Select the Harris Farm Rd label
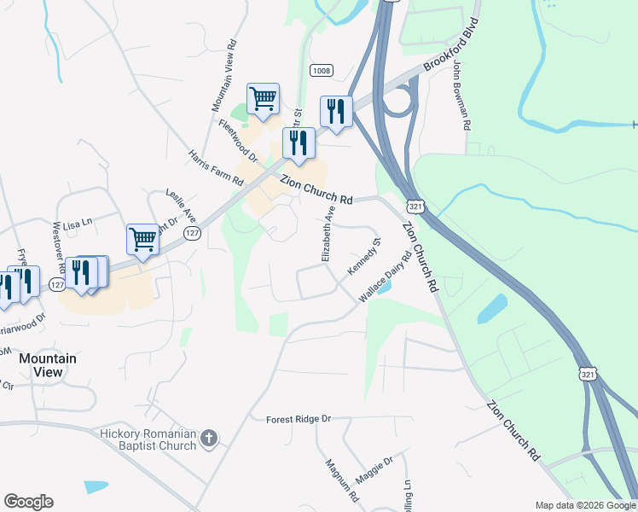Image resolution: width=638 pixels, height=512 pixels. [217, 169]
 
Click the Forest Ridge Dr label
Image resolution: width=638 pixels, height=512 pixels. [298, 419]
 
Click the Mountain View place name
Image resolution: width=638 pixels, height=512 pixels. [48, 365]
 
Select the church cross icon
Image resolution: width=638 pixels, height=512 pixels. [209, 440]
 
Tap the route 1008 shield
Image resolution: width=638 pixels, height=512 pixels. [321, 72]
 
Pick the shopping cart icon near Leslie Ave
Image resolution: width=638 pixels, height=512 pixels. [143, 239]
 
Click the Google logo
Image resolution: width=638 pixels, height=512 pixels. [28, 502]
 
